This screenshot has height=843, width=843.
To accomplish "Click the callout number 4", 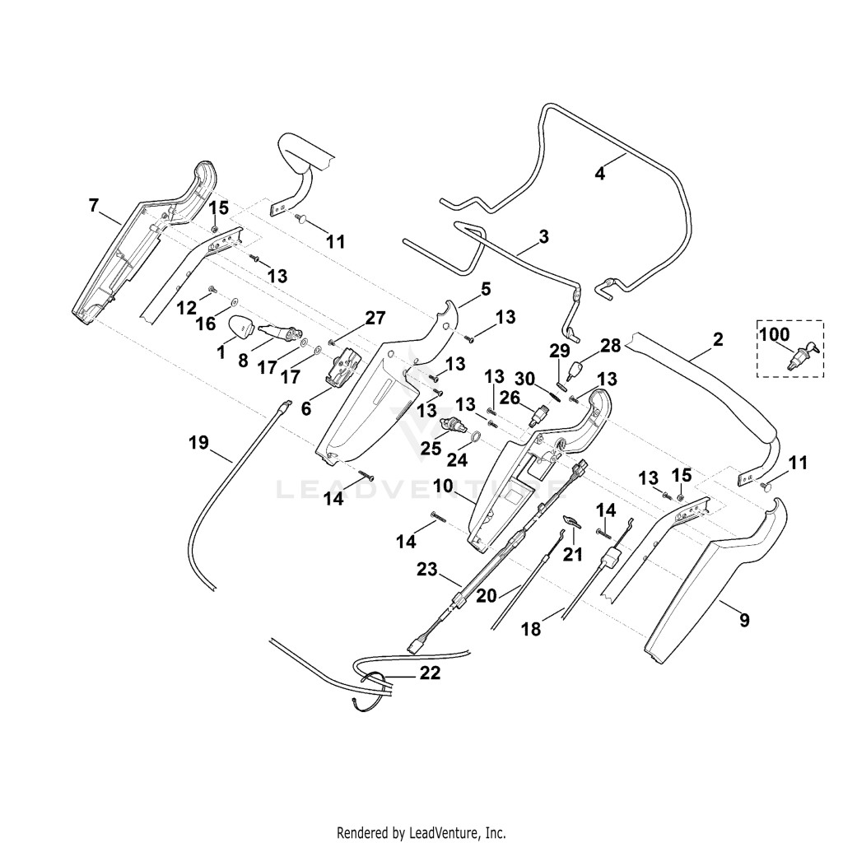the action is point(600,174).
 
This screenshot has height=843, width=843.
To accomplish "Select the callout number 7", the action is point(94,205).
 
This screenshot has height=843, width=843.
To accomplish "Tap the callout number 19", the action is point(198,443).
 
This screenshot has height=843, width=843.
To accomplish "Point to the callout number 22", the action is point(430,673).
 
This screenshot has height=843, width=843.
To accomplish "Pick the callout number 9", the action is point(744,621).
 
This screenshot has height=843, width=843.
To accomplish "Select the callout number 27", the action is point(375,318).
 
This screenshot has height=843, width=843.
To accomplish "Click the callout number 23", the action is point(427,569).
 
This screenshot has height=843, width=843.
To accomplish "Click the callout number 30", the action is point(524,379).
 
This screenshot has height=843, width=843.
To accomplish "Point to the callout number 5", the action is point(486,289).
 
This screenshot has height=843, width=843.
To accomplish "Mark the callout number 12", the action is point(187,308).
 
